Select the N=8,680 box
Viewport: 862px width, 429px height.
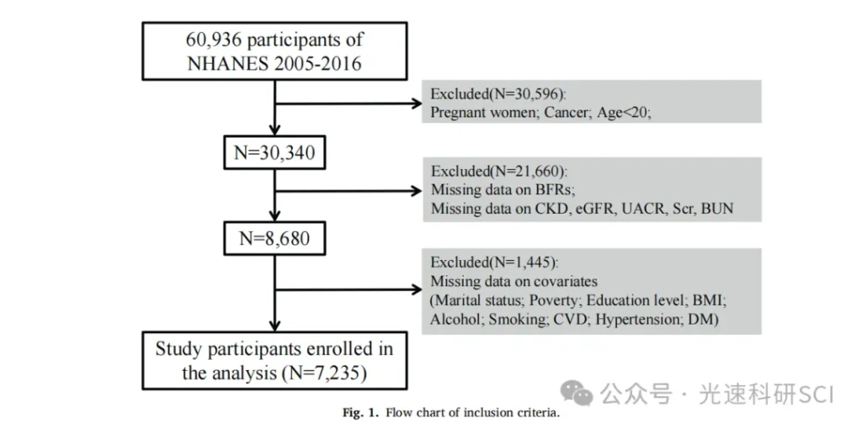point(274,238)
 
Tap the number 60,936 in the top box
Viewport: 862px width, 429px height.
point(212,40)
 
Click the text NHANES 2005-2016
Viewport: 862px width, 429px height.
point(274,64)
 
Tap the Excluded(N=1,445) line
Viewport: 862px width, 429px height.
point(494,262)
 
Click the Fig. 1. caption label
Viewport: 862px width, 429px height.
point(361,412)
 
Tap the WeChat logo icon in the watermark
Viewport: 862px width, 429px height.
point(577,394)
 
